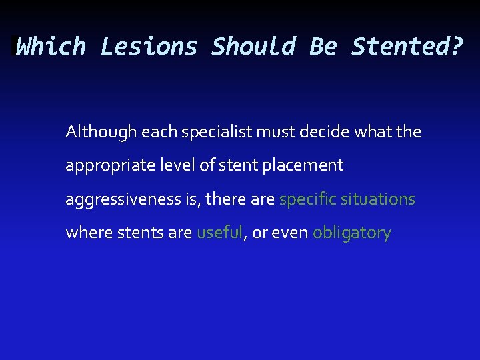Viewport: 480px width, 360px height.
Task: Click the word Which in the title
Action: (x=51, y=47)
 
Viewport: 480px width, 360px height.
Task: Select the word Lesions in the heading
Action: (x=149, y=47)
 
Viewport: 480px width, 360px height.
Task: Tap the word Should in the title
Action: (x=253, y=47)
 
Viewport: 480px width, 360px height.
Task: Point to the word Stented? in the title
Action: (x=407, y=47)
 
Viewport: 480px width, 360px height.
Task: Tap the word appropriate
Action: (x=107, y=166)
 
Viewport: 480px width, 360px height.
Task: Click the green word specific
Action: (x=307, y=199)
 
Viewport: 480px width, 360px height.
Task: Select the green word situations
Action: (x=378, y=199)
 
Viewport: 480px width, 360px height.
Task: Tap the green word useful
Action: (x=219, y=233)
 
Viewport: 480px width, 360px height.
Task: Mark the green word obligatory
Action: (x=351, y=233)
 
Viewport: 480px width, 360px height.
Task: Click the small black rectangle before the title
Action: (x=14, y=46)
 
